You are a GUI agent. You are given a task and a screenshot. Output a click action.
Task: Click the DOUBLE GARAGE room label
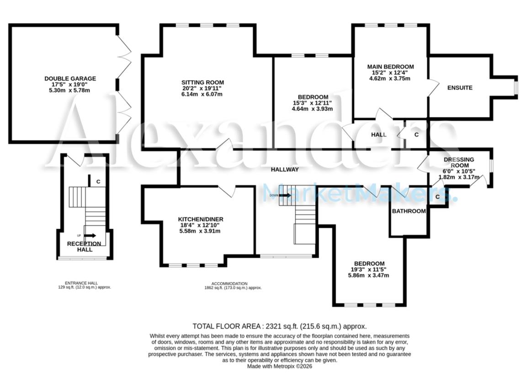[x=70, y=79]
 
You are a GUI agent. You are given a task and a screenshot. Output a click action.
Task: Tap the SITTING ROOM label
[x=202, y=83]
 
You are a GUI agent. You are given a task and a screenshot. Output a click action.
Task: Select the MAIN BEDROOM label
[x=390, y=67]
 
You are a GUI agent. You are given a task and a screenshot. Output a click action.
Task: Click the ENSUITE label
[x=459, y=88]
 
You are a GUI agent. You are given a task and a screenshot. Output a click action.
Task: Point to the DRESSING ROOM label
[x=459, y=163]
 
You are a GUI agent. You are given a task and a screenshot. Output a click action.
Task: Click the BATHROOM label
[x=409, y=211]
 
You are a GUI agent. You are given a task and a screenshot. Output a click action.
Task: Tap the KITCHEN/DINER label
[x=201, y=219]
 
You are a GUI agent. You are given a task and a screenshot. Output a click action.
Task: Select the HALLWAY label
[x=284, y=169]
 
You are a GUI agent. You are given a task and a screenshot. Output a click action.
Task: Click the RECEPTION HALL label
[x=85, y=247]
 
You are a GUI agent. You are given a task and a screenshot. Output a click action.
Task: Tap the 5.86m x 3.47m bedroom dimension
[x=368, y=275]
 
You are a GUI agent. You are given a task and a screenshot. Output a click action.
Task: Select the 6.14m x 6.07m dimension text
[x=202, y=95]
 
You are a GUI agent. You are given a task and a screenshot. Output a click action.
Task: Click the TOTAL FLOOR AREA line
[x=279, y=326]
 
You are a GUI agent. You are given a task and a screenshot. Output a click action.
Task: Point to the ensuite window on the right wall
[x=515, y=88]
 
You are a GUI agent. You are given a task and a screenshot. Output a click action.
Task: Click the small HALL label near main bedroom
[x=378, y=135]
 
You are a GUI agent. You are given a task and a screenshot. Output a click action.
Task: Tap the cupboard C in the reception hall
[x=98, y=182]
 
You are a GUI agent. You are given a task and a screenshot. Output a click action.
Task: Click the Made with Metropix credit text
[x=279, y=366]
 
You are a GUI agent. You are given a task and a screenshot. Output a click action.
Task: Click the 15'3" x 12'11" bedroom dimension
[x=313, y=103]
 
